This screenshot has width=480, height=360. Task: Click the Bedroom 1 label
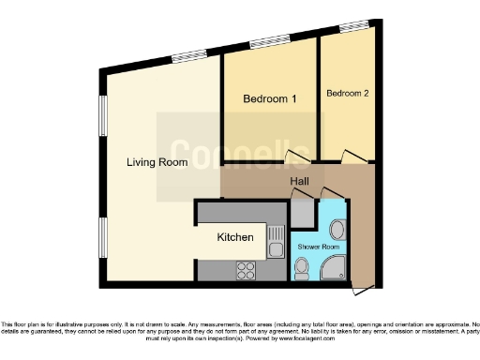click(x=270, y=99)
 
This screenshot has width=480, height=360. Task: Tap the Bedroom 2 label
click(x=347, y=94)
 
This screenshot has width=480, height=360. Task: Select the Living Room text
click(x=157, y=162)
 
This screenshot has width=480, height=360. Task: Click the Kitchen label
click(x=235, y=237)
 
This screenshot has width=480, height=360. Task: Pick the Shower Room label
click(x=319, y=247)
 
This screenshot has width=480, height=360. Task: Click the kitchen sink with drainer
click(x=275, y=241)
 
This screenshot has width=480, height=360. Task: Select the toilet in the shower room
click(x=300, y=269)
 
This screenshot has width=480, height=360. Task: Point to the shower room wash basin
click(x=336, y=230)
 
